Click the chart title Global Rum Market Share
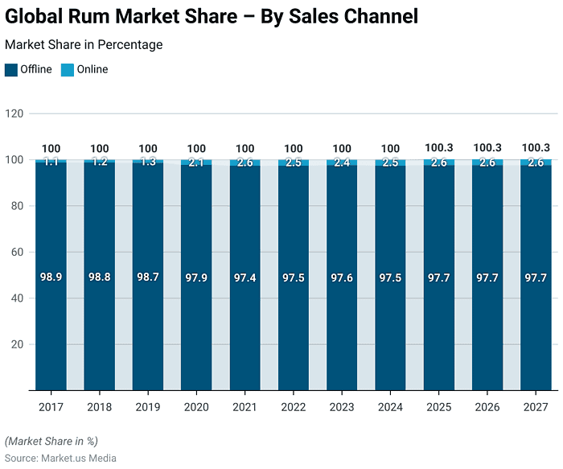[x=212, y=16]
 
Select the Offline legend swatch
[x=10, y=70]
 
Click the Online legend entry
[x=92, y=70]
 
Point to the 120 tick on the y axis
[x=14, y=113]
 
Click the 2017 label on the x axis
[x=51, y=407]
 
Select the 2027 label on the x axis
[x=536, y=407]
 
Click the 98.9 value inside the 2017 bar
[x=51, y=277]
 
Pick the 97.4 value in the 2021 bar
[x=245, y=277]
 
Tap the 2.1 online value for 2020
[x=196, y=163]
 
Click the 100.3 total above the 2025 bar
[x=439, y=148]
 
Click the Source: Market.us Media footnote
[x=60, y=458]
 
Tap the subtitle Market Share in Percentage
[x=84, y=45]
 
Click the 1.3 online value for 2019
[x=148, y=162]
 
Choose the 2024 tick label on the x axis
[x=391, y=407]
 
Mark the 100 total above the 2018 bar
[x=100, y=148]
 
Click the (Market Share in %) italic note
[x=51, y=441]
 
